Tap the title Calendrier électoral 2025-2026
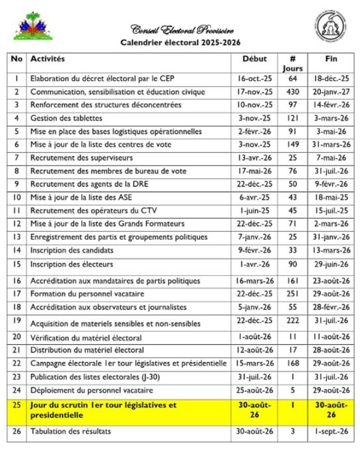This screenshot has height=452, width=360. [181, 43]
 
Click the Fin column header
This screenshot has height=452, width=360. [332, 59]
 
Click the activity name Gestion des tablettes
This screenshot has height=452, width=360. [66, 118]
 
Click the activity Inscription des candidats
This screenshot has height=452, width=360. [72, 250]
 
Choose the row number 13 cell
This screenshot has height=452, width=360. [17, 237]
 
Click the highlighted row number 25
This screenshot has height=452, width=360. [17, 405]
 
